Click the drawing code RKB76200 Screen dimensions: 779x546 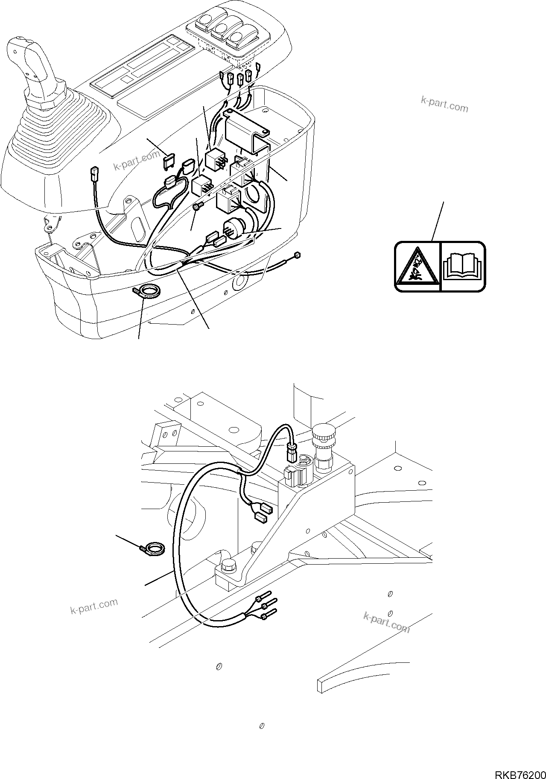click(x=520, y=772)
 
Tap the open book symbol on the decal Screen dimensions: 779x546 click(x=463, y=266)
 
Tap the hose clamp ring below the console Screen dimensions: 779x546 click(x=148, y=293)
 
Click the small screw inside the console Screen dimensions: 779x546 click(x=198, y=207)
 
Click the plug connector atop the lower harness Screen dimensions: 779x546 click(x=290, y=452)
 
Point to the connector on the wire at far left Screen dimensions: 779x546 click(x=93, y=174)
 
